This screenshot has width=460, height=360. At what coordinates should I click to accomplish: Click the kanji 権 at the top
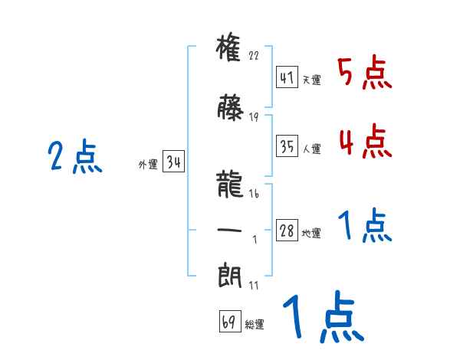pyautogui.click(x=230, y=48)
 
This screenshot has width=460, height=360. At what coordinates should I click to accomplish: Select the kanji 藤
pyautogui.click(x=230, y=108)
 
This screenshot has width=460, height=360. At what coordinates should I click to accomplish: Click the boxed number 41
pyautogui.click(x=287, y=77)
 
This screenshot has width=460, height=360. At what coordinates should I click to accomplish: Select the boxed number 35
pyautogui.click(x=287, y=146)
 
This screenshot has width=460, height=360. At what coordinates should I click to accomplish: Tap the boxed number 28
pyautogui.click(x=287, y=231)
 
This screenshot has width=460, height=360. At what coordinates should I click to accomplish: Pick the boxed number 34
pyautogui.click(x=173, y=162)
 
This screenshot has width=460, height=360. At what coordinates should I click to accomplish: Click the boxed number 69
pyautogui.click(x=229, y=322)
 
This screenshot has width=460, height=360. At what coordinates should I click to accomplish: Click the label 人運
pyautogui.click(x=311, y=148)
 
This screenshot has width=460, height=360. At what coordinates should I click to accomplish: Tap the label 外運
pyautogui.click(x=148, y=165)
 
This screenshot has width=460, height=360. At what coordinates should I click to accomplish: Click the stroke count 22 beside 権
pyautogui.click(x=255, y=56)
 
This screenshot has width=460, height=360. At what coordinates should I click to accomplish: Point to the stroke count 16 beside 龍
pyautogui.click(x=254, y=195)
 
